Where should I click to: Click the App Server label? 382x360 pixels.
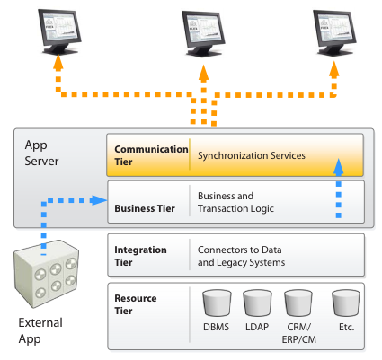pos(41,155)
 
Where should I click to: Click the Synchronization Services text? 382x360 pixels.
pos(252,155)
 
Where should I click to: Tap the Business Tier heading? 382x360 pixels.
pos(144,208)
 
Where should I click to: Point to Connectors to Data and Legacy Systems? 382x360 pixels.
pos(241,256)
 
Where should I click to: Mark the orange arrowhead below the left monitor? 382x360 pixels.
pos(58,65)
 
